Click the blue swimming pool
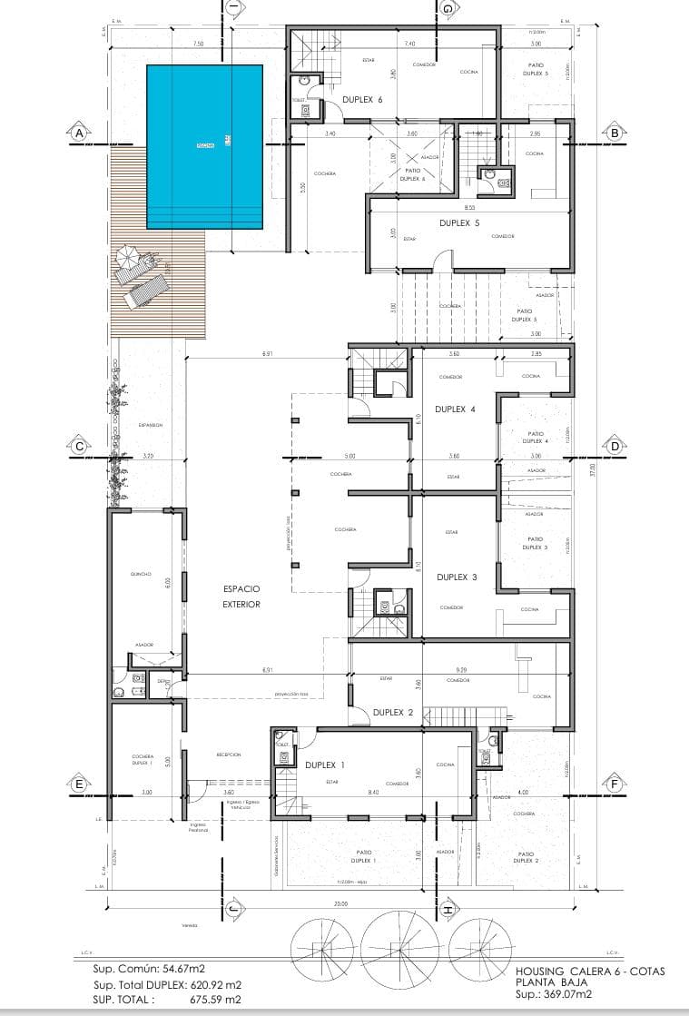click(205, 146)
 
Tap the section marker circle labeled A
click(79, 133)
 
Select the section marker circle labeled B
click(615, 133)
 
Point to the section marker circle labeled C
click(79, 446)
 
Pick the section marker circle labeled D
click(615, 446)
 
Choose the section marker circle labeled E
click(79, 784)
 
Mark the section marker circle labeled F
click(615, 784)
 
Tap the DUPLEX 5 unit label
click(459, 222)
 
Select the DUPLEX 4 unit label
click(455, 409)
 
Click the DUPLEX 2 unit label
click(393, 713)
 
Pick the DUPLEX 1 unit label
click(325, 764)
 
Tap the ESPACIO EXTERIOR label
click(241, 597)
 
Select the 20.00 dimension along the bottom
click(340, 904)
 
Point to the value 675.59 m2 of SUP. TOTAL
click(216, 999)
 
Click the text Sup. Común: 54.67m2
click(152, 969)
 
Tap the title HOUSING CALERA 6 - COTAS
click(589, 972)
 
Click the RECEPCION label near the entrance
click(228, 755)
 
